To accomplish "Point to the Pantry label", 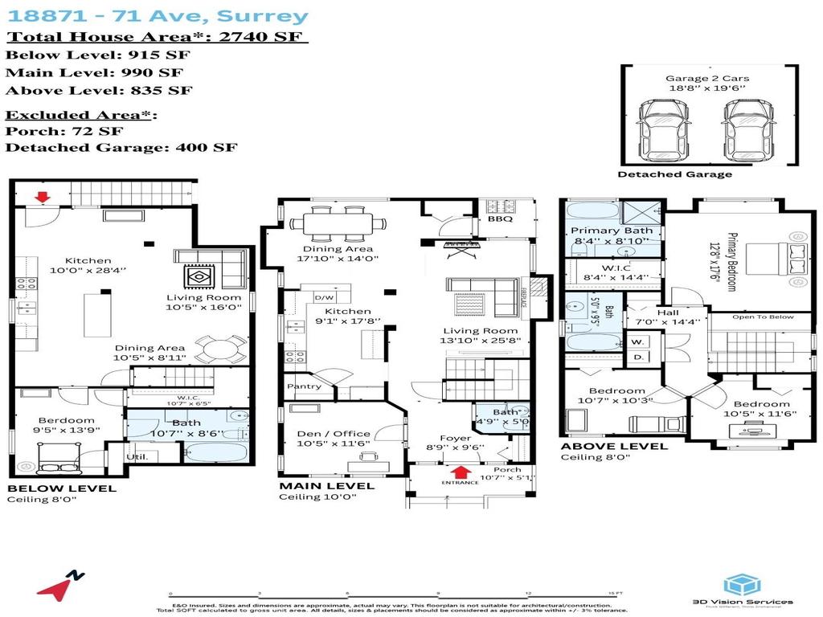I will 304,386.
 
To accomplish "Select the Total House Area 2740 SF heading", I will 158,37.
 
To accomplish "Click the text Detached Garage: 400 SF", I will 121,147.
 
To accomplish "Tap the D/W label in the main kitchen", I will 325,298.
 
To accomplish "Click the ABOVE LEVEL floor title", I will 613,446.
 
